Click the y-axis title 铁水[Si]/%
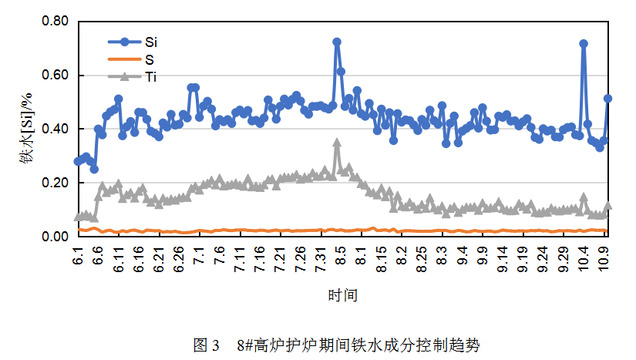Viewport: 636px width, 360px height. pos(26,129)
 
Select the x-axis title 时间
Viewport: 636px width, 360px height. pos(342,294)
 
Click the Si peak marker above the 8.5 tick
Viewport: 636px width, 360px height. pos(337,42)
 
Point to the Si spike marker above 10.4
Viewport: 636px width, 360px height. pos(584,44)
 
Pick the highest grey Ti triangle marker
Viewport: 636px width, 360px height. pos(337,143)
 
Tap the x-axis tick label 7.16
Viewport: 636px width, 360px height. pos(260,258)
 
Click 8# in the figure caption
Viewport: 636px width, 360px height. pos(245,344)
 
